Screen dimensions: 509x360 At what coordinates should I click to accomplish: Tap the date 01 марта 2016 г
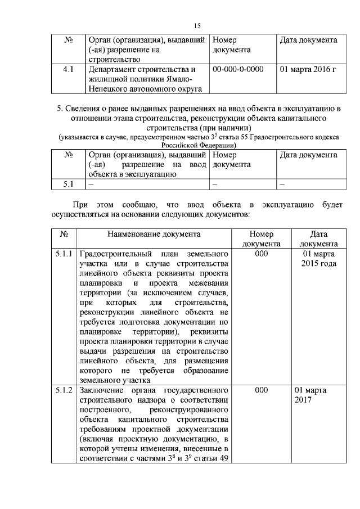[308, 70]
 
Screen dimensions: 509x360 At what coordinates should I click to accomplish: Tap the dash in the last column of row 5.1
[283, 184]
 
